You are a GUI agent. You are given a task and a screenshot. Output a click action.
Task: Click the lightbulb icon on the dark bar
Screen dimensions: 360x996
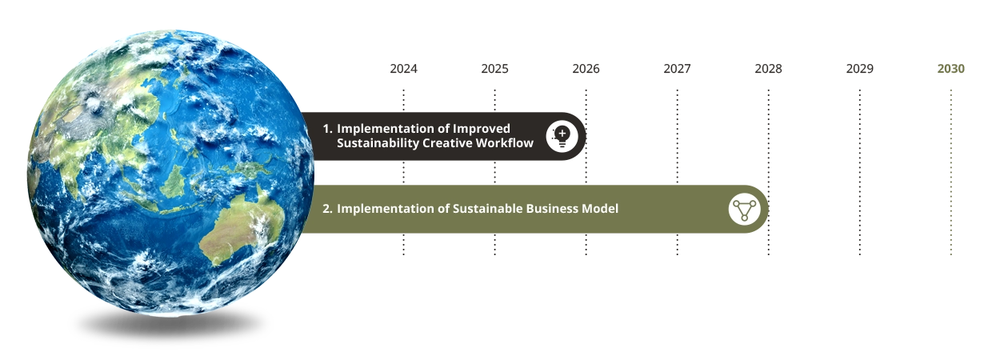click(562, 137)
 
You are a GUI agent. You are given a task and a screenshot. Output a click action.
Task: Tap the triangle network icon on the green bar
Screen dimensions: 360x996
click(745, 209)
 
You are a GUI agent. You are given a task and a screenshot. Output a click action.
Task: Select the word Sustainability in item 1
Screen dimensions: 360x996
click(378, 143)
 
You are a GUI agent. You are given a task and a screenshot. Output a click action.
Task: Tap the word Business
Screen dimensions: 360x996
click(554, 209)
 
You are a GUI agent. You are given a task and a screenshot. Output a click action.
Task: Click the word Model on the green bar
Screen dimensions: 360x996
click(602, 209)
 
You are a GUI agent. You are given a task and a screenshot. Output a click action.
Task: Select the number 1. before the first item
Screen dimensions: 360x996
click(327, 129)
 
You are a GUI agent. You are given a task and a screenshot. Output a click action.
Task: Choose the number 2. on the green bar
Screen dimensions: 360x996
click(327, 209)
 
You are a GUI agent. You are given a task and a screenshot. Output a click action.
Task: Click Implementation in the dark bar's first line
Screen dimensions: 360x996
click(382, 129)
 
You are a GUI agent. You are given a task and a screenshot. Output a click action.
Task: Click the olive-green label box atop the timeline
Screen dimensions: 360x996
click(950, 70)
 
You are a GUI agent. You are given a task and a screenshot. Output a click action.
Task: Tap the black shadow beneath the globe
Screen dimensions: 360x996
click(170, 328)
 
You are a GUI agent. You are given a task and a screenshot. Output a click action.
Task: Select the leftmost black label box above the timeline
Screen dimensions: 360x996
click(406, 70)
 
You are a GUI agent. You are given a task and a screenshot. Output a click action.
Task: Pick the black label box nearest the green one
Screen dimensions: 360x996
click(861, 70)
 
